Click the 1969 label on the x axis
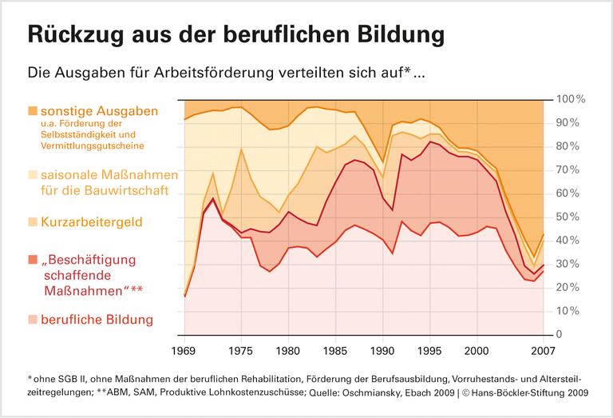(x=185, y=349)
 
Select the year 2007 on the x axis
(x=543, y=349)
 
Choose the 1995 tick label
(x=430, y=349)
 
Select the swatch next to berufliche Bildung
(x=32, y=320)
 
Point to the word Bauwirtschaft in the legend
(x=123, y=190)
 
